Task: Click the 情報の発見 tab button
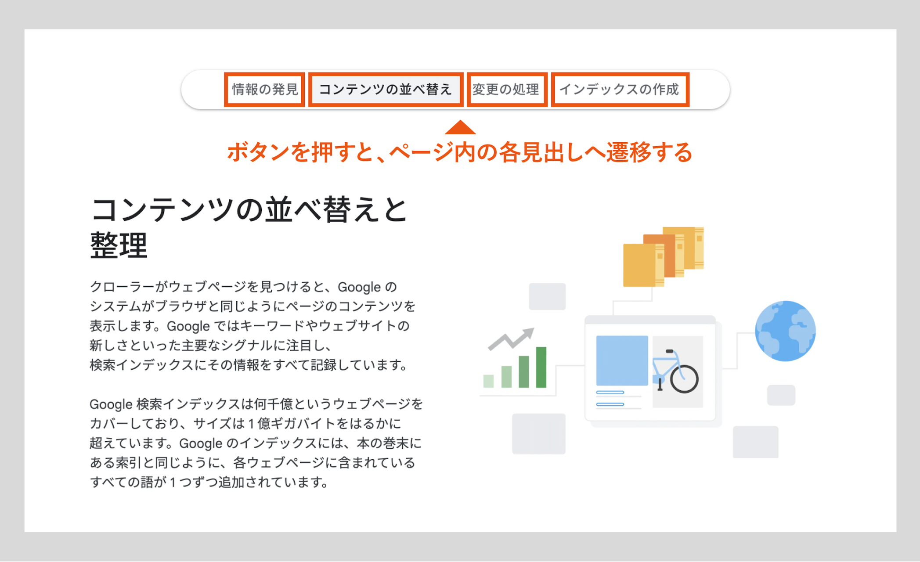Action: [x=265, y=90]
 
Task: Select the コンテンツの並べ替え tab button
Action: [x=386, y=90]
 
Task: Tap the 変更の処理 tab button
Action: [x=507, y=90]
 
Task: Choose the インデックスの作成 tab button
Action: [x=620, y=90]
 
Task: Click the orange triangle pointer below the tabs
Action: [x=460, y=127]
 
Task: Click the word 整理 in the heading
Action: [x=119, y=245]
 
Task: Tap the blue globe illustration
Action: [x=785, y=331]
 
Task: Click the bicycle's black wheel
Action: [x=685, y=379]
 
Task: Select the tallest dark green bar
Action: [x=541, y=367]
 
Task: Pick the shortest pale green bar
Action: [x=488, y=381]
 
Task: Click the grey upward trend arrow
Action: [x=511, y=339]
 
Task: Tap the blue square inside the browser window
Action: [x=622, y=360]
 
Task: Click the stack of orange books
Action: [x=664, y=257]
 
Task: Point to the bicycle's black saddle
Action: [x=669, y=351]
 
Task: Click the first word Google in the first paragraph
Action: [x=359, y=287]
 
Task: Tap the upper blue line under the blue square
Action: [x=610, y=392]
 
